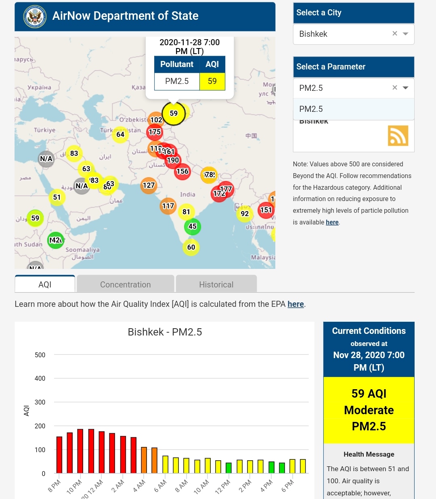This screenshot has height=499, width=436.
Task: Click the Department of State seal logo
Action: (x=35, y=17)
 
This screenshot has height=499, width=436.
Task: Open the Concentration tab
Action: (x=125, y=284)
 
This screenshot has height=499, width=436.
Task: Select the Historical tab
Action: (x=216, y=284)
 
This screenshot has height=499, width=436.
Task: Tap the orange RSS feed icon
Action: (x=398, y=136)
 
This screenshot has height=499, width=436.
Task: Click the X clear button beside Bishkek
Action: (x=395, y=34)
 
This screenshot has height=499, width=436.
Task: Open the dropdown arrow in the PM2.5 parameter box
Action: (x=406, y=88)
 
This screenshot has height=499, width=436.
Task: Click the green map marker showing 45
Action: (x=193, y=226)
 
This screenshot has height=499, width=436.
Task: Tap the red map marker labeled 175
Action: (x=155, y=132)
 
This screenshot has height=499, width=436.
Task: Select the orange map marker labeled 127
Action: (x=149, y=185)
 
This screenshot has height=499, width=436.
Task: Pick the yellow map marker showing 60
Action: (x=191, y=247)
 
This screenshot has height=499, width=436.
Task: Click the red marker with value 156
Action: (x=182, y=172)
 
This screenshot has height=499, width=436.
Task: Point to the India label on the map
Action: (x=188, y=195)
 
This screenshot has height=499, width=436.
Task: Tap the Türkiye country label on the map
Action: (x=44, y=130)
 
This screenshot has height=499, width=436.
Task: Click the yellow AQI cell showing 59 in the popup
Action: (x=212, y=81)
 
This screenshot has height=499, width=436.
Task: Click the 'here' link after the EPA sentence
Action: (x=296, y=304)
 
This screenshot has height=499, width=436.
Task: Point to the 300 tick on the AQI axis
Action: (x=40, y=402)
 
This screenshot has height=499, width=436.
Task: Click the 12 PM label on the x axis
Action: (x=222, y=486)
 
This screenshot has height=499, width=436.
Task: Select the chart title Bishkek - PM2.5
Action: (x=165, y=332)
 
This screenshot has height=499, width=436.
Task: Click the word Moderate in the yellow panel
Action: (x=369, y=410)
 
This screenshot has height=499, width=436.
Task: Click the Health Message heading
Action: (x=369, y=454)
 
